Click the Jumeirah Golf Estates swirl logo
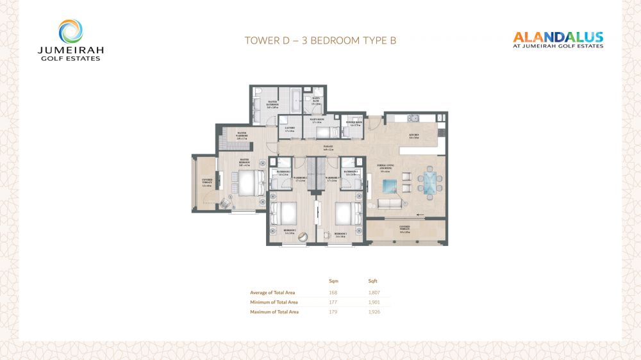71,31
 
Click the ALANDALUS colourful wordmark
558,37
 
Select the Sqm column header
333,281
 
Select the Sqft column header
373,281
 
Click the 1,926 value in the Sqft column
374,312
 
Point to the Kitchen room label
415,136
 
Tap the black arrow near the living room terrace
420,214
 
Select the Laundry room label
290,129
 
